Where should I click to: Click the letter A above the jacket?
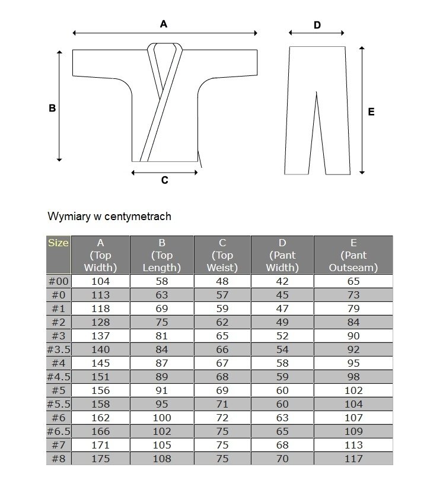pos(164,24)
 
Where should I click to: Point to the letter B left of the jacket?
pos(52,109)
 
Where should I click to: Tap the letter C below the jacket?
pos(165,180)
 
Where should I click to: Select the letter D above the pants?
pos(317,25)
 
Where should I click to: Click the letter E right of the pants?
pos(371,112)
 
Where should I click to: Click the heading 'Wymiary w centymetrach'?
pos(109,217)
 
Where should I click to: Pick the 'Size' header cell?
pos(58,243)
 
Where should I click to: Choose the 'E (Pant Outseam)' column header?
pos(353,255)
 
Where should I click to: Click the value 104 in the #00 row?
pos(100,282)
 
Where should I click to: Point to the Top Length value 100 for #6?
pos(162,418)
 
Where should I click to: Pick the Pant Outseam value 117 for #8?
pos(353,459)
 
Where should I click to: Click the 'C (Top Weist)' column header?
pos(222,255)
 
